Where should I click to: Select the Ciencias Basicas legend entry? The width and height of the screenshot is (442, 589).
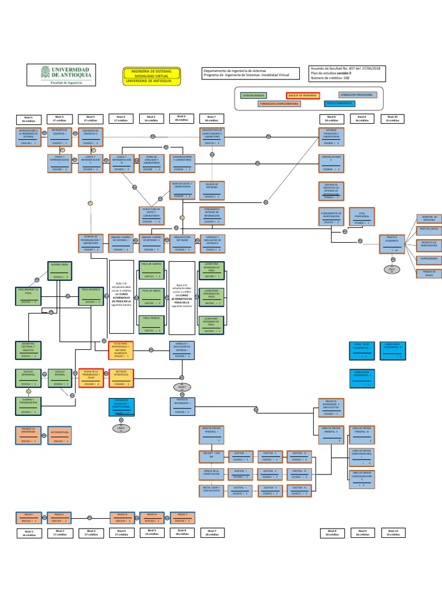tap(254, 94)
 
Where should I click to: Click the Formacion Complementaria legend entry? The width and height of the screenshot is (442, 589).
tap(279, 104)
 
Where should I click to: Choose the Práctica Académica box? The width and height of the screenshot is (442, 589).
tap(392, 243)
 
